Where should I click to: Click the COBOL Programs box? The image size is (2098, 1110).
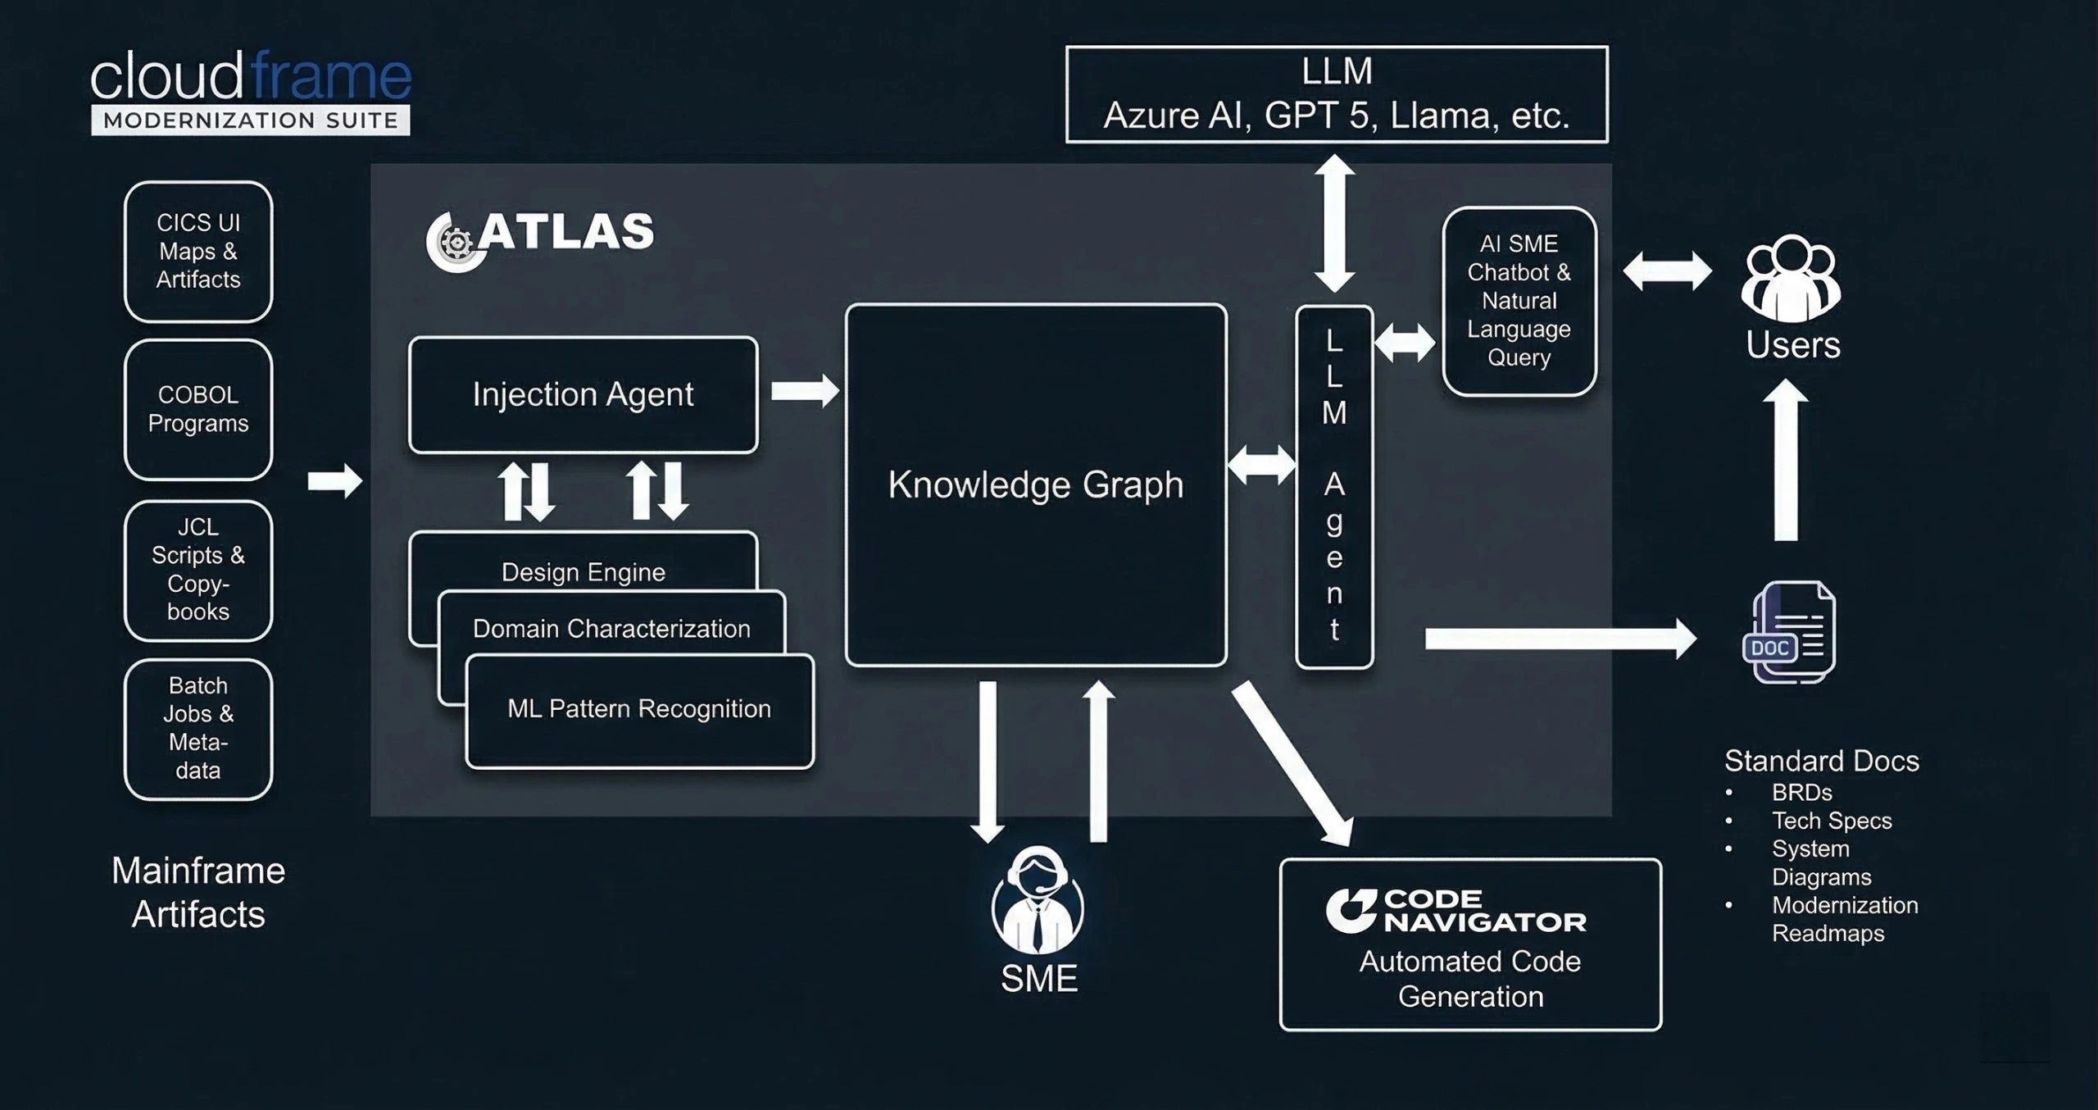pyautogui.click(x=198, y=409)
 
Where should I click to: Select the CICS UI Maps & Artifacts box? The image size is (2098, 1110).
pyautogui.click(x=198, y=251)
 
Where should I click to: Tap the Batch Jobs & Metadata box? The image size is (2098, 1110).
pyautogui.click(x=198, y=728)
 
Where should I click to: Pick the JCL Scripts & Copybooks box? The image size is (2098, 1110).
pyautogui.click(x=198, y=570)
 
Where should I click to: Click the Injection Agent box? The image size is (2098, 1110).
pyautogui.click(x=583, y=394)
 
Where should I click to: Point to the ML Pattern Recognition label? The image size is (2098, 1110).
pyautogui.click(x=638, y=708)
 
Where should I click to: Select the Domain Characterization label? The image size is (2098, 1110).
pyautogui.click(x=611, y=629)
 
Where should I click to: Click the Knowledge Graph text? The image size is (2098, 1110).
pyautogui.click(x=1036, y=484)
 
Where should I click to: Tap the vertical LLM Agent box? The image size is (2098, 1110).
pyautogui.click(x=1334, y=487)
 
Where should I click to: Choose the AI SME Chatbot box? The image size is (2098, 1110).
pyautogui.click(x=1519, y=301)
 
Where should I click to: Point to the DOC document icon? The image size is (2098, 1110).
pyautogui.click(x=1789, y=632)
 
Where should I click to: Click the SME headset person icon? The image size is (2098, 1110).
pyautogui.click(x=1038, y=902)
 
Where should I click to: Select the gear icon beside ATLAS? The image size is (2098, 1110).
pyautogui.click(x=456, y=242)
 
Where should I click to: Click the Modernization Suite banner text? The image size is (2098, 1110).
pyautogui.click(x=251, y=121)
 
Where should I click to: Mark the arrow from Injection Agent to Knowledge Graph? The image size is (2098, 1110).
pyautogui.click(x=804, y=391)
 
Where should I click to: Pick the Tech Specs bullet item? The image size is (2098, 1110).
pyautogui.click(x=1831, y=821)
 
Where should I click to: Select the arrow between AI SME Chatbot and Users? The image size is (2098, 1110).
pyautogui.click(x=1667, y=271)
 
